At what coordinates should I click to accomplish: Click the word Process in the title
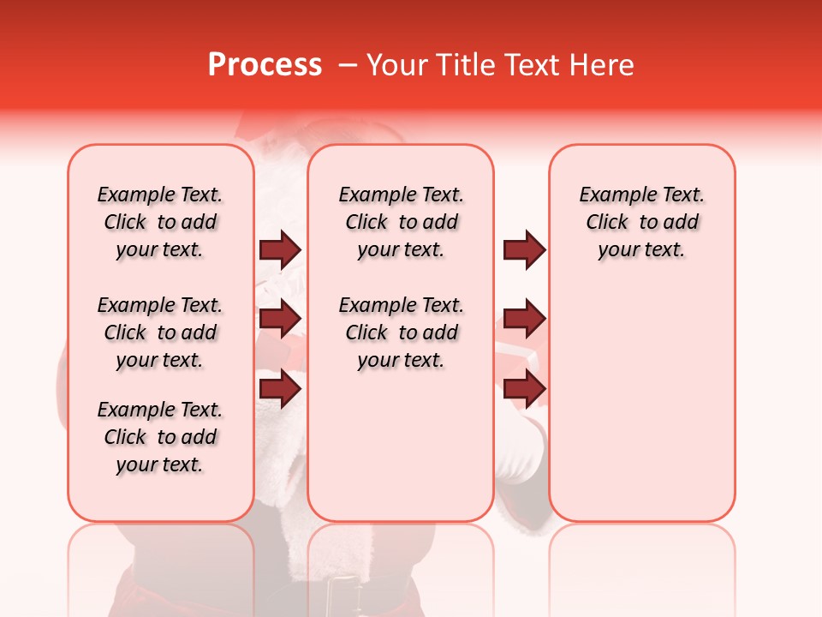point(265,65)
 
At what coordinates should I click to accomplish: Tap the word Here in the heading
point(599,65)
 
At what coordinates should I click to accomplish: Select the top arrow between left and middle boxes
point(280,249)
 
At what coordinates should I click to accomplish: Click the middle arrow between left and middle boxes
point(280,319)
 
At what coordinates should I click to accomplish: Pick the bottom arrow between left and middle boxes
point(280,388)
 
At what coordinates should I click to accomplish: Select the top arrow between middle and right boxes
point(524,249)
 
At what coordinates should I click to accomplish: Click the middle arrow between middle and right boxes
point(524,319)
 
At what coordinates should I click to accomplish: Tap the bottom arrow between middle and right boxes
point(524,388)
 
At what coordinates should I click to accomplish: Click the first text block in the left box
point(160,222)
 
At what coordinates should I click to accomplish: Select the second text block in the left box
point(160,332)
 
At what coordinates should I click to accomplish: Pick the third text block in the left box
point(160,437)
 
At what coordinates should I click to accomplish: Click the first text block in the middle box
point(401,222)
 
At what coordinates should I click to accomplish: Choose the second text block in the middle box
point(401,332)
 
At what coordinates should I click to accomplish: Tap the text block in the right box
point(641,222)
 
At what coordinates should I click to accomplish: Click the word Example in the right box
point(611,195)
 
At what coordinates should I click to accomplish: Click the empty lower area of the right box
point(641,403)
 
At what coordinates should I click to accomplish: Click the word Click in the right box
point(607,223)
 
